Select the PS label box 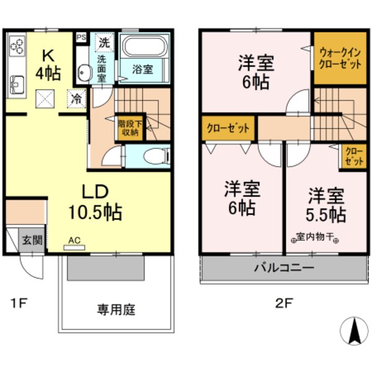(x=81, y=37)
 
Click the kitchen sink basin (x=17, y=82)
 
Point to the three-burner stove (x=17, y=45)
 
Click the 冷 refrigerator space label (x=76, y=97)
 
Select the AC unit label (x=74, y=241)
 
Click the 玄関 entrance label (x=32, y=239)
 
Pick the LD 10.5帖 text (x=94, y=202)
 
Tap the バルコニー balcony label (x=284, y=268)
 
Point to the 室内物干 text (x=314, y=236)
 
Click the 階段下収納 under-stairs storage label (x=130, y=127)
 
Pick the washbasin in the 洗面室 (x=85, y=74)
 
